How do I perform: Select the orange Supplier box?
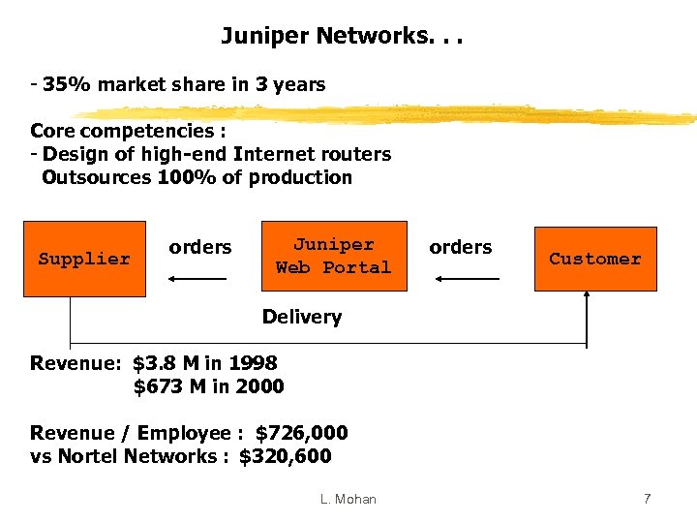click(83, 259)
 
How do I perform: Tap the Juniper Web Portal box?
click(333, 257)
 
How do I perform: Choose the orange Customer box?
click(594, 259)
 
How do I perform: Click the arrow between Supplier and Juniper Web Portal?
click(197, 279)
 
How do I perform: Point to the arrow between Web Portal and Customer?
click(467, 279)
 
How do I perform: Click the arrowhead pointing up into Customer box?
click(587, 297)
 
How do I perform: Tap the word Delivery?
click(302, 317)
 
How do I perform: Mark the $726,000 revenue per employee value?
click(301, 433)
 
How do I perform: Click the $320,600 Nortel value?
click(285, 456)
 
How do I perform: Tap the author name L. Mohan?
click(348, 499)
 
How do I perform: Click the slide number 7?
click(647, 499)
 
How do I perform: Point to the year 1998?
click(253, 364)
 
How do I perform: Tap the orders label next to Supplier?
click(200, 247)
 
